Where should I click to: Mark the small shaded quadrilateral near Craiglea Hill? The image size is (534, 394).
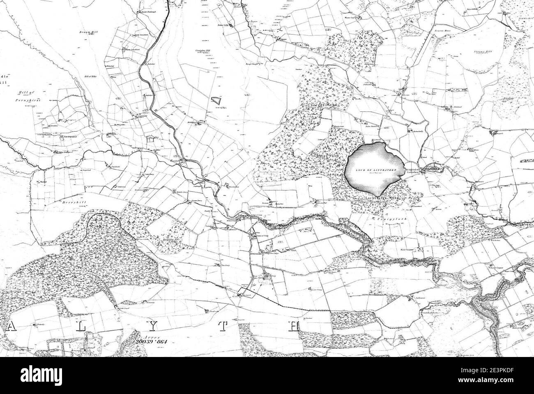click(216, 100)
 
